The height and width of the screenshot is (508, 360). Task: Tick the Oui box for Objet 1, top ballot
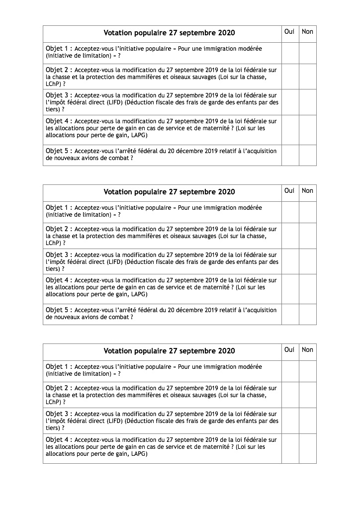tap(290, 53)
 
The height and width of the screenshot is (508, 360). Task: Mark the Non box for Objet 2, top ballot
tap(308, 77)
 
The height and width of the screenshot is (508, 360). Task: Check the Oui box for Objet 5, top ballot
tap(290, 155)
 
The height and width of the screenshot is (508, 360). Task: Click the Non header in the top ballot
tap(308, 32)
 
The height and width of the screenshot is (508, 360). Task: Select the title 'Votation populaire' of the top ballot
tap(169, 33)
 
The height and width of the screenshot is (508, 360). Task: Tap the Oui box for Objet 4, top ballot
tap(290, 130)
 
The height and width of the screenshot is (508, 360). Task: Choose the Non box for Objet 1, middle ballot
tap(308, 212)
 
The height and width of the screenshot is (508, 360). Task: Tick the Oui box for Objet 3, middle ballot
tap(290, 261)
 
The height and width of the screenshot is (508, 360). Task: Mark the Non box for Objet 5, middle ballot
tap(308, 314)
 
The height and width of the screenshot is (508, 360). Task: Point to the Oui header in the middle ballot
tap(289, 191)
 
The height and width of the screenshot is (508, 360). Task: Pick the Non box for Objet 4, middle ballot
tap(308, 289)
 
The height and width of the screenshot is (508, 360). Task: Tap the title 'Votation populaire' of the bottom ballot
tap(169, 351)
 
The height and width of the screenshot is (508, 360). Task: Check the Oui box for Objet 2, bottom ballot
tap(290, 395)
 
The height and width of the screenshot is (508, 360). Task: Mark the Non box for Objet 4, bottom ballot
tap(308, 448)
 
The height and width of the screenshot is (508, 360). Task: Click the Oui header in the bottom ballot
tap(289, 350)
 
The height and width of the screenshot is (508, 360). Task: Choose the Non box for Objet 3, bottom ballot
tap(308, 421)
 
